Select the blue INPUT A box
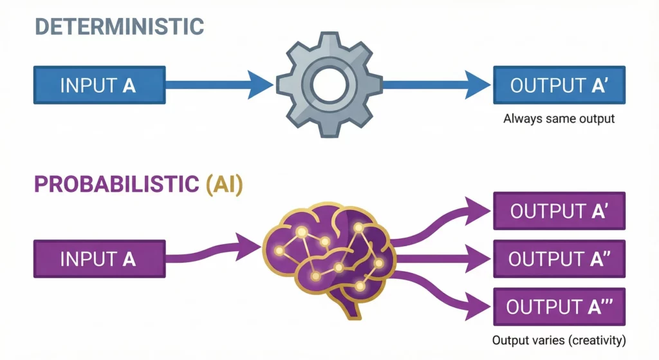[x=98, y=85]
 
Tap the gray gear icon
[x=329, y=85]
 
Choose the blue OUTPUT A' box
[x=557, y=85]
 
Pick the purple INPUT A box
[x=98, y=259]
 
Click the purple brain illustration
[x=328, y=251]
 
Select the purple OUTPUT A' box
[x=558, y=211]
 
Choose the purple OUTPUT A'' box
[x=558, y=259]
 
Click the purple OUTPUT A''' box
[x=558, y=307]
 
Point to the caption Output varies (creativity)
[x=558, y=339]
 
